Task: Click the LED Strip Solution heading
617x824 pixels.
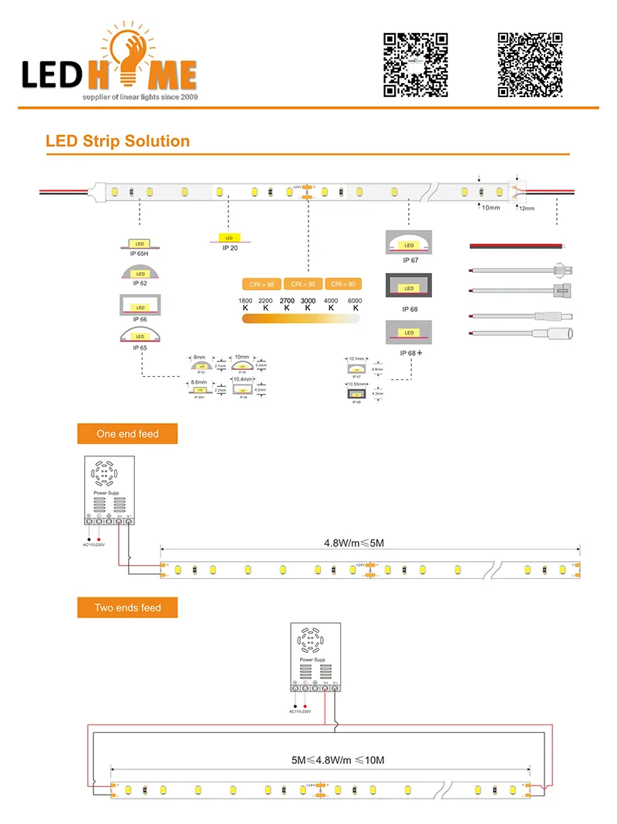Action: (117, 141)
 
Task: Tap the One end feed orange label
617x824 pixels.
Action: (127, 434)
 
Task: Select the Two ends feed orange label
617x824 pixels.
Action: (127, 608)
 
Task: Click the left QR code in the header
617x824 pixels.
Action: (416, 65)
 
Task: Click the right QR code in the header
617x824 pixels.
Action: (529, 65)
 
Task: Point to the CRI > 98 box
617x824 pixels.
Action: (261, 284)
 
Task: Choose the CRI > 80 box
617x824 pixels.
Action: (343, 284)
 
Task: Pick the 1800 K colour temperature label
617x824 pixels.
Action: (245, 304)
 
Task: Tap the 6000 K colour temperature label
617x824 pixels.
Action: (356, 304)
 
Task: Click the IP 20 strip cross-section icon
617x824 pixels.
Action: (229, 238)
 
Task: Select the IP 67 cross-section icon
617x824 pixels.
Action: (409, 244)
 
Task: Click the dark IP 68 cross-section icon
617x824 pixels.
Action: (409, 288)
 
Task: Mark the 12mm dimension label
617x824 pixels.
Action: (527, 209)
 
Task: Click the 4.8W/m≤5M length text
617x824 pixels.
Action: (354, 543)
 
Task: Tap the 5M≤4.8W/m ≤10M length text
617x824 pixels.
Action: (338, 760)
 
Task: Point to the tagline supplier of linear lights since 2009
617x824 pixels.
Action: (140, 98)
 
